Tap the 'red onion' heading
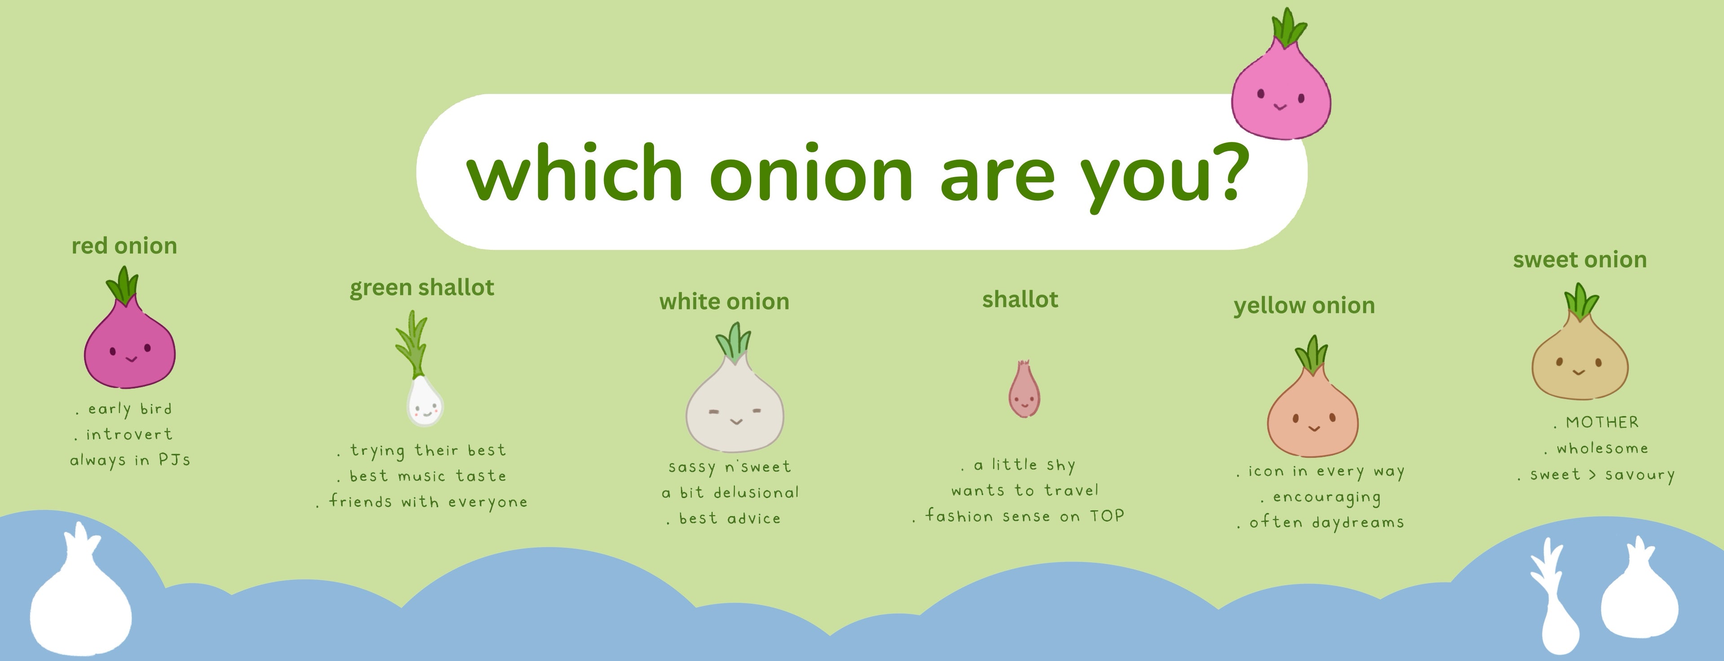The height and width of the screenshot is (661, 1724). tap(124, 246)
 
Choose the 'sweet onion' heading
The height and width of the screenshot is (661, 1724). tap(1579, 260)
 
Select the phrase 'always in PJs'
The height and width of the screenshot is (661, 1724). tap(130, 460)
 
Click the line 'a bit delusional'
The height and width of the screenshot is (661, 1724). tap(730, 493)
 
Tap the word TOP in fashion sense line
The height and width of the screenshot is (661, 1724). tap(1107, 516)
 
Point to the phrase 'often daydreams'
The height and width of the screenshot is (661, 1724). tap(1327, 522)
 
